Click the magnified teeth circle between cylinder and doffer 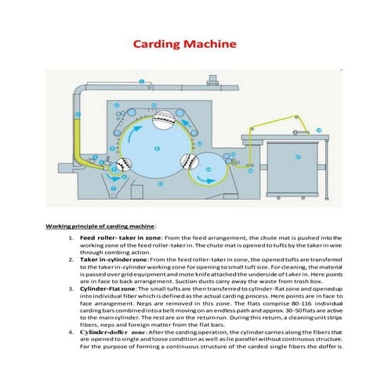pos(191,165)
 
